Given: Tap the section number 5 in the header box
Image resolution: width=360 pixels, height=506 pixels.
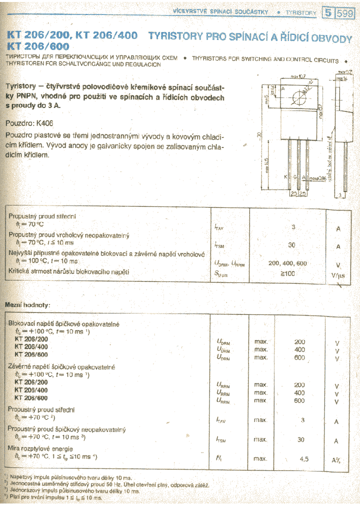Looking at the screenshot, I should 327,13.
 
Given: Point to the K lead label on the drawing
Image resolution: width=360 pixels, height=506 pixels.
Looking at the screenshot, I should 285,177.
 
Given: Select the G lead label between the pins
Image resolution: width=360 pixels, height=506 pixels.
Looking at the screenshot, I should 295,177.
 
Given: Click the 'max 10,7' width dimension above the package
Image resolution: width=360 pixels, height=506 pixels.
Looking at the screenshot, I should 298,77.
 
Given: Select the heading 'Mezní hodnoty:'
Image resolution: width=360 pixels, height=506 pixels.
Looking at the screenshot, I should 27,304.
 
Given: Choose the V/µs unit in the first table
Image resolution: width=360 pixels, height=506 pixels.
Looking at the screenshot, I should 338,275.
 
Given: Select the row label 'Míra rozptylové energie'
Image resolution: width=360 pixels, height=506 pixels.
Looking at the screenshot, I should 40,448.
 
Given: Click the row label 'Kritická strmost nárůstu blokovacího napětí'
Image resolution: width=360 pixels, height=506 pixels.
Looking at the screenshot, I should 69,271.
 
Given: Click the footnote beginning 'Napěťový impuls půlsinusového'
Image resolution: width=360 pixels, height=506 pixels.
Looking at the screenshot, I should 70,478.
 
